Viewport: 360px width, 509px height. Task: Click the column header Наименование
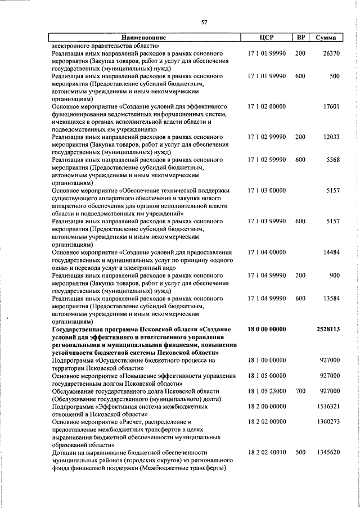pos(145,38)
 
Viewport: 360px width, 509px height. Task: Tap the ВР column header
pos(301,38)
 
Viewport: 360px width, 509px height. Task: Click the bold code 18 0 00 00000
pos(267,328)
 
